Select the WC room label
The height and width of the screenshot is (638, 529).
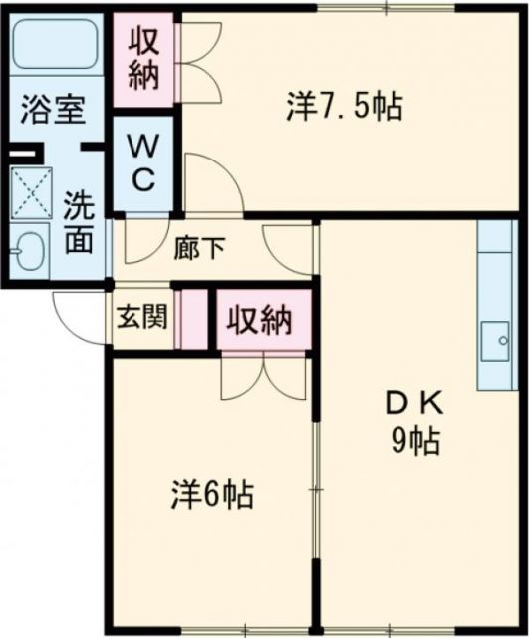142,164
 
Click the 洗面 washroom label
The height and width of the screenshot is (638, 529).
79,222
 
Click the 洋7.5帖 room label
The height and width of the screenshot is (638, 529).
344,105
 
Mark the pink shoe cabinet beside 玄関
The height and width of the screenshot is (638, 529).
189,318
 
